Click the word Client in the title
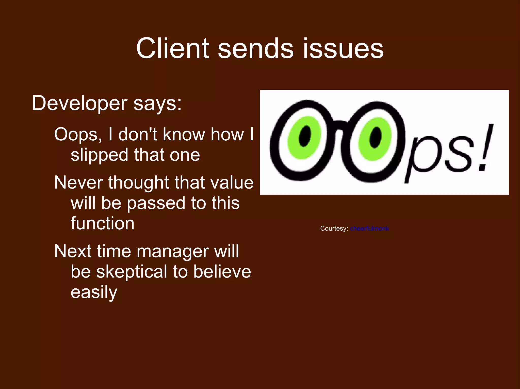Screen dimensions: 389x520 coord(173,48)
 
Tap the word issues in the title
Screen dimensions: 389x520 coord(343,48)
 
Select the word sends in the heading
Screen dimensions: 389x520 coord(256,48)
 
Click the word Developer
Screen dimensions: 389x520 coord(79,103)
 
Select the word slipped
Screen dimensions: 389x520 coord(99,155)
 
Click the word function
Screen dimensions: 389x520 coord(102,224)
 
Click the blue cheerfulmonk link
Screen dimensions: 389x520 coord(369,229)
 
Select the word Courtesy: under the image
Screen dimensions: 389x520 coord(334,229)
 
